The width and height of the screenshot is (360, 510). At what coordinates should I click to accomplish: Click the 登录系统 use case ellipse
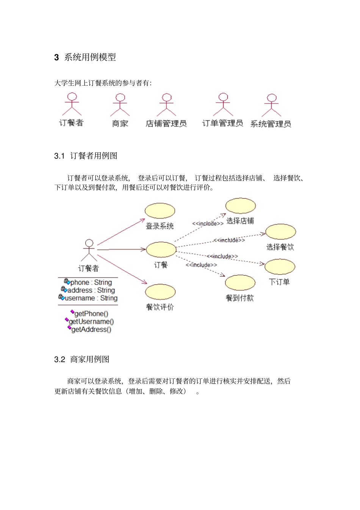pyautogui.click(x=160, y=211)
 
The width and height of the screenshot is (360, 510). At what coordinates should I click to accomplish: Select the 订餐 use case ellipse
pyautogui.click(x=161, y=250)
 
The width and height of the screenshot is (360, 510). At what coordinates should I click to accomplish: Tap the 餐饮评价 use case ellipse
pyautogui.click(x=160, y=292)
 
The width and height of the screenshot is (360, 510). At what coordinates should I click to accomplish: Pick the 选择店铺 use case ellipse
pyautogui.click(x=241, y=206)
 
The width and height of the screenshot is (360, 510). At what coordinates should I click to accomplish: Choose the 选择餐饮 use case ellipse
pyautogui.click(x=280, y=232)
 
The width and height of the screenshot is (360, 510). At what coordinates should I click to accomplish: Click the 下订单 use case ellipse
pyautogui.click(x=280, y=267)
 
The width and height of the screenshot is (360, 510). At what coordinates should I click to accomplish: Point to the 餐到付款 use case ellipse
pyautogui.click(x=240, y=282)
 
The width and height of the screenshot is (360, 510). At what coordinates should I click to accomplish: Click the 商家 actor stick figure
pyautogui.click(x=120, y=105)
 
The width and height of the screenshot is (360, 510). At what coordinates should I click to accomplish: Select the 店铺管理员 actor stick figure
pyautogui.click(x=166, y=105)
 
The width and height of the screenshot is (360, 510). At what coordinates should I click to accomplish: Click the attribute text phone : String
pyautogui.click(x=91, y=282)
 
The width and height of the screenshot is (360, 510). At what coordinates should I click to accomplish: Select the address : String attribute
pyautogui.click(x=91, y=290)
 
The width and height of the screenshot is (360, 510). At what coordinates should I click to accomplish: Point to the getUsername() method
pyautogui.click(x=91, y=322)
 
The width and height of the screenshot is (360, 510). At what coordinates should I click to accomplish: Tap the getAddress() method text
pyautogui.click(x=91, y=330)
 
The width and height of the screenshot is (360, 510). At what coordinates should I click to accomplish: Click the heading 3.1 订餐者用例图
pyautogui.click(x=86, y=156)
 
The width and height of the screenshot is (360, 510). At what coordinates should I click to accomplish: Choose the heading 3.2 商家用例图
pyautogui.click(x=82, y=359)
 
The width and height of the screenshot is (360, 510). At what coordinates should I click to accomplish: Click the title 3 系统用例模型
pyautogui.click(x=85, y=57)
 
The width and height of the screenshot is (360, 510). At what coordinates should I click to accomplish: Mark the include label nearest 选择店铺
pyautogui.click(x=208, y=224)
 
